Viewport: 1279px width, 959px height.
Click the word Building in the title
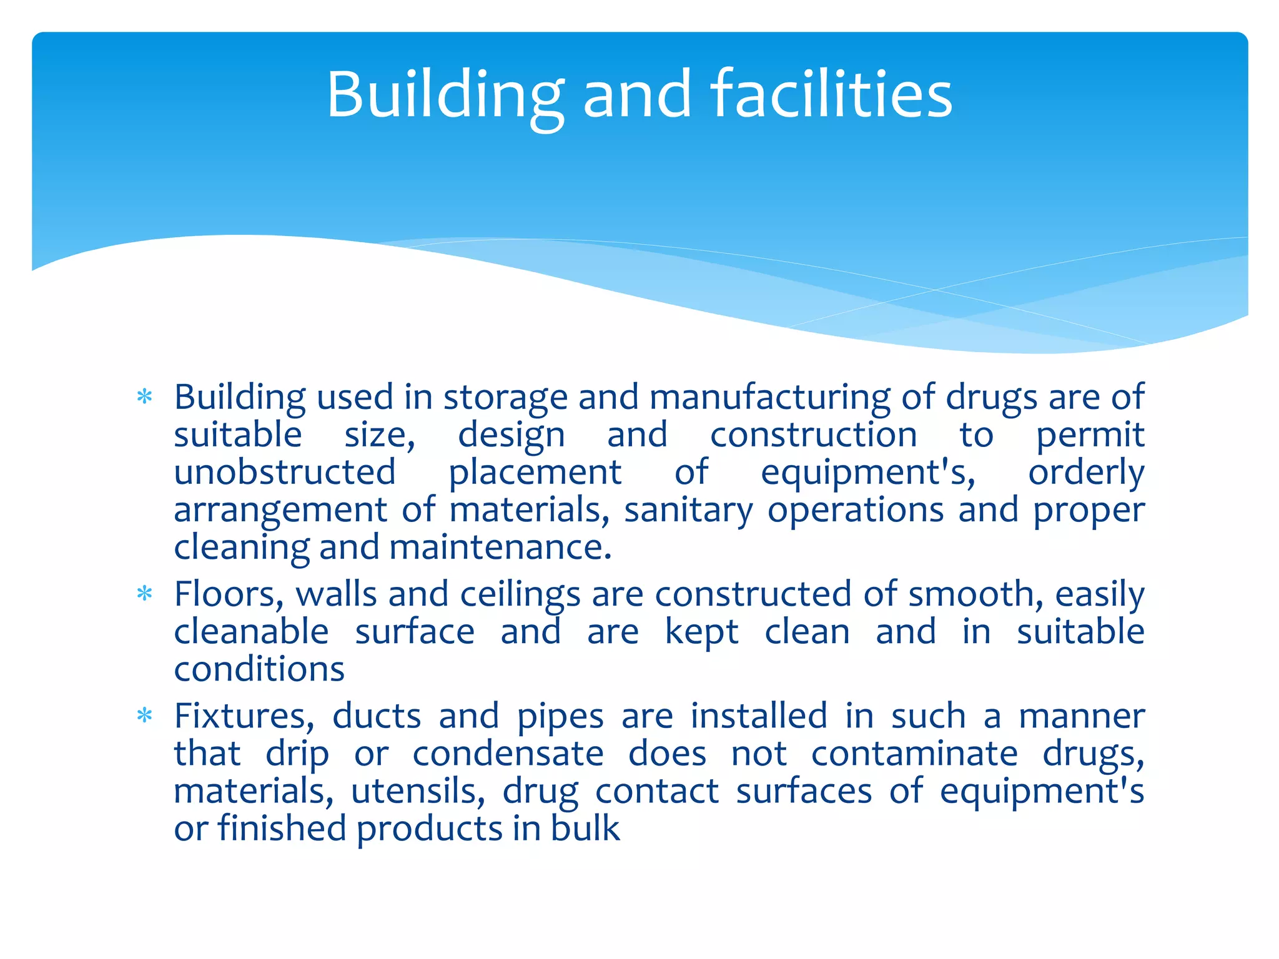tap(445, 95)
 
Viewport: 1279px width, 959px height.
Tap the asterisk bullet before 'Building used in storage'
tap(144, 397)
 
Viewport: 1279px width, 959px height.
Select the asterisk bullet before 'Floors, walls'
tap(144, 594)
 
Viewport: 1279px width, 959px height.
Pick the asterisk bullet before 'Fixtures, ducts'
tap(144, 716)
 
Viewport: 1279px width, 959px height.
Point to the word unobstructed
tap(285, 472)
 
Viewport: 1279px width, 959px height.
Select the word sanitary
tap(689, 511)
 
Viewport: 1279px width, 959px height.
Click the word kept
tap(701, 632)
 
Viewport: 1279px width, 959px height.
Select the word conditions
tap(259, 669)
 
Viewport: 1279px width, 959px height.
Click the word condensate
tap(508, 754)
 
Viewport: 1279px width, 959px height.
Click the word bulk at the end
tap(585, 829)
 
